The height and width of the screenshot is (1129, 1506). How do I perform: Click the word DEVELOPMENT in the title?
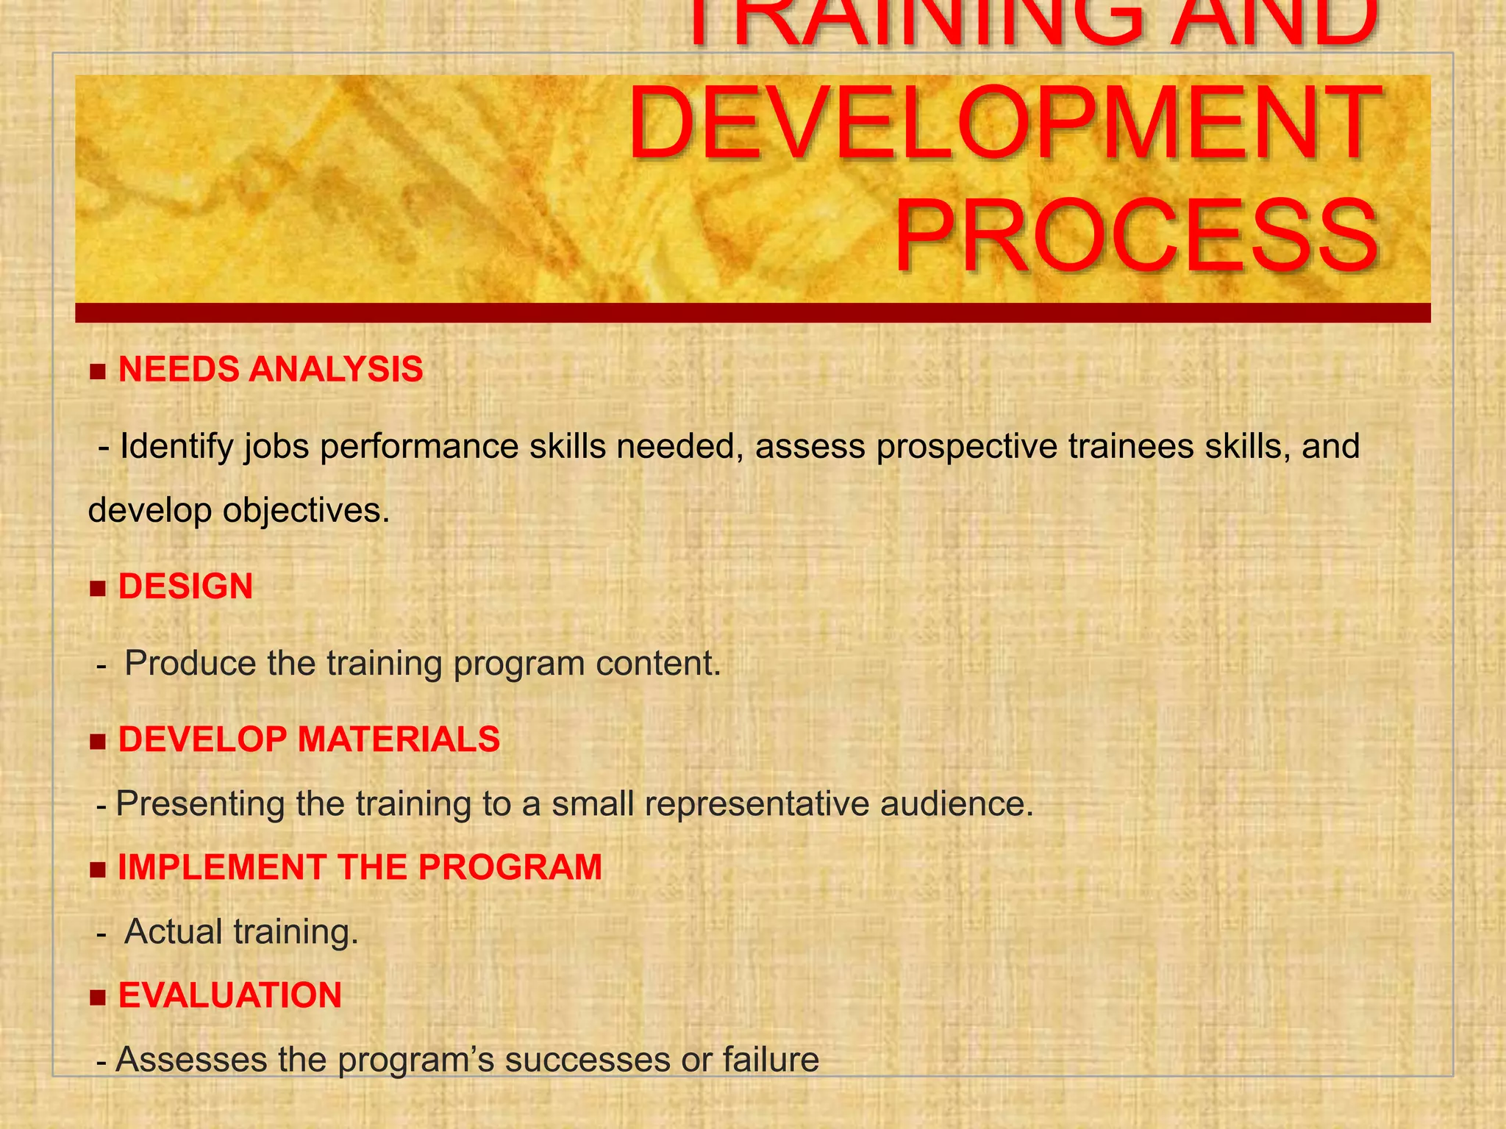[x=1003, y=125]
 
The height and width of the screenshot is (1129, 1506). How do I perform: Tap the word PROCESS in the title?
[x=1135, y=238]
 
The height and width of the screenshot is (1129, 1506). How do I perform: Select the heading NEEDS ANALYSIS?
[x=271, y=369]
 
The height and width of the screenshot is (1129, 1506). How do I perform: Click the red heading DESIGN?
[x=185, y=587]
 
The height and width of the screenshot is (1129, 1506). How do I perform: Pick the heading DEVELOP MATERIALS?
[x=309, y=739]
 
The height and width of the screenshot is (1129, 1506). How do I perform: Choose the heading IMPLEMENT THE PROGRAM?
[x=360, y=867]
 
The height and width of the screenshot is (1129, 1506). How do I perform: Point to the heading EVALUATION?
[x=230, y=995]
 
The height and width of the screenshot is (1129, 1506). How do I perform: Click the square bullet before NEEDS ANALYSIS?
[x=98, y=371]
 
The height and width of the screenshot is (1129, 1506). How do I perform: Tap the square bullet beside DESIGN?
[x=98, y=589]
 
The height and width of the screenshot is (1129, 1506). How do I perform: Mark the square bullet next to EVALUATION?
[x=98, y=997]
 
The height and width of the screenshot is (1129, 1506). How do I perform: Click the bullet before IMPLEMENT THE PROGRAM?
[x=98, y=870]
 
